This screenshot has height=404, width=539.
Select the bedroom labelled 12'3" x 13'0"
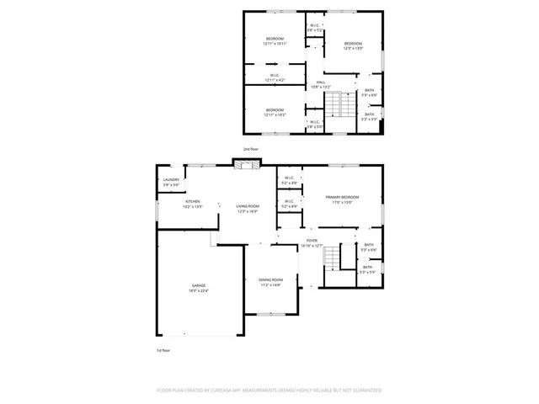(x=353, y=46)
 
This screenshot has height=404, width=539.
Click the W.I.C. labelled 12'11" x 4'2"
(x=275, y=77)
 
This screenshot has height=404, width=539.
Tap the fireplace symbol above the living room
(x=244, y=165)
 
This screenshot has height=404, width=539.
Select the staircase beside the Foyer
(x=335, y=256)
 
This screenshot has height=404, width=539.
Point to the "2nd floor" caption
(x=250, y=149)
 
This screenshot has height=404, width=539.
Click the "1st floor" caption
(x=163, y=349)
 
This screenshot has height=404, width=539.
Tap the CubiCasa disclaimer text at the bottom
(x=269, y=391)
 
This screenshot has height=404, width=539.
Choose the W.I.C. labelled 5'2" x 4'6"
(x=288, y=180)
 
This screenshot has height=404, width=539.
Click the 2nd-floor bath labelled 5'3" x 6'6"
(x=369, y=93)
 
